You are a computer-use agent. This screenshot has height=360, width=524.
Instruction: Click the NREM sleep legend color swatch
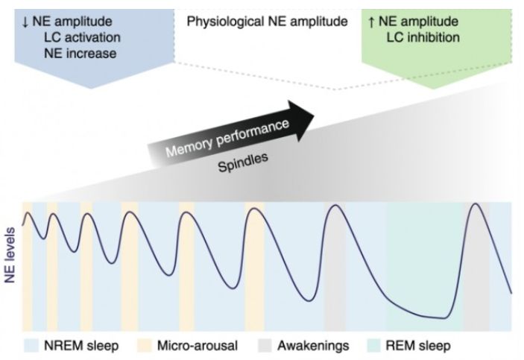32,345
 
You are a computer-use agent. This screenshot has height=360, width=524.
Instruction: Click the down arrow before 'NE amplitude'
25,21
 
